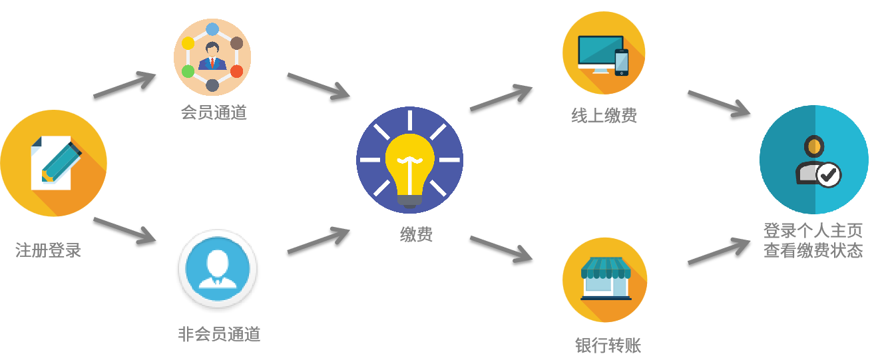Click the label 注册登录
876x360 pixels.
[x=48, y=250]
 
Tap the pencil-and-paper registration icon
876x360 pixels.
[x=54, y=162]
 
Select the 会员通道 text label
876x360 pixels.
[x=214, y=112]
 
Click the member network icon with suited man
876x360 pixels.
[x=212, y=57]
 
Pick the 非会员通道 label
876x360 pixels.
[x=219, y=334]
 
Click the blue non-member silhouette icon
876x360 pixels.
[x=218, y=268]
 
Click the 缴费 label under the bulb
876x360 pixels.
[x=416, y=234]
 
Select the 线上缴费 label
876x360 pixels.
[x=604, y=116]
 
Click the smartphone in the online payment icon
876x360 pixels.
[x=621, y=62]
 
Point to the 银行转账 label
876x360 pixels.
[x=608, y=345]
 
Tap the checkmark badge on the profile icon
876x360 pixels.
[x=828, y=175]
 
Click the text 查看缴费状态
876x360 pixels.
[x=813, y=251]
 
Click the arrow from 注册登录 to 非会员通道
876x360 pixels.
[x=124, y=229]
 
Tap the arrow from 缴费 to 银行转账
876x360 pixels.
[x=501, y=248]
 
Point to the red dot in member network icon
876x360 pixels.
[x=236, y=71]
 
